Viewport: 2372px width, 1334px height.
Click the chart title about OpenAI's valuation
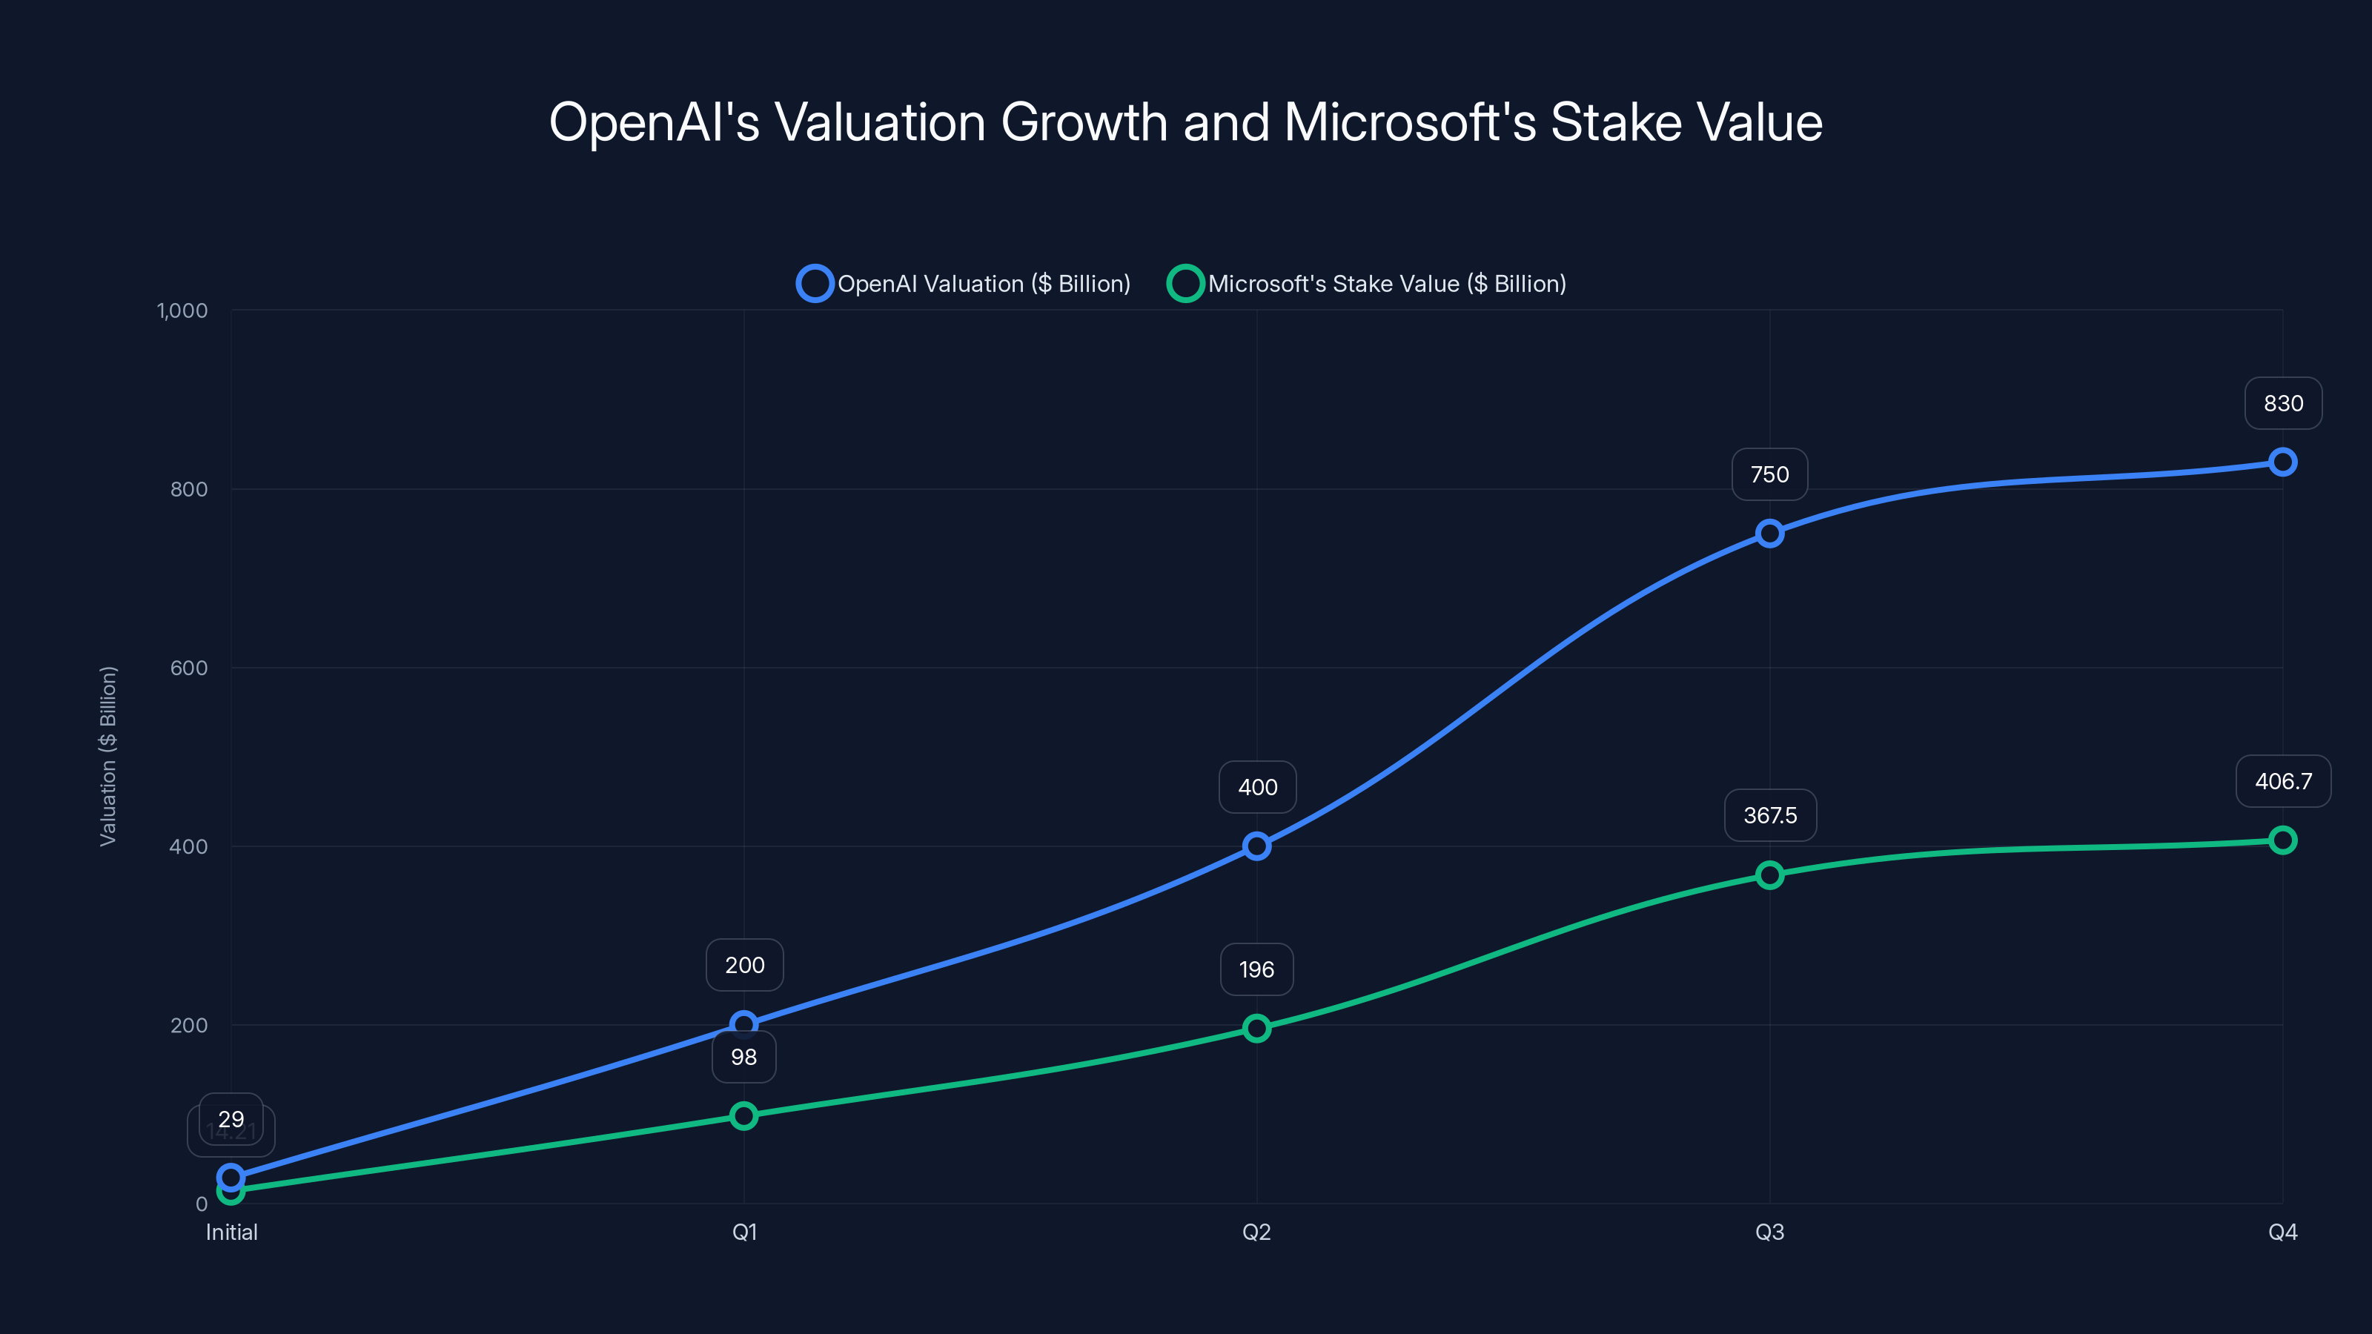[1185, 122]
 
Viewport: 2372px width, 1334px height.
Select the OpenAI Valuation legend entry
[964, 284]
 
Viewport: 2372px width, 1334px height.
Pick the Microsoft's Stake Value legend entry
[1368, 284]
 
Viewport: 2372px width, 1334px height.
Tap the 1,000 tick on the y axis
[182, 311]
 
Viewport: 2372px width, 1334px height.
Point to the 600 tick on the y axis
[189, 668]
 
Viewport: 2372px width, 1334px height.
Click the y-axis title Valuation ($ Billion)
[107, 756]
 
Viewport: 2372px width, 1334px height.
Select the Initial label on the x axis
[231, 1232]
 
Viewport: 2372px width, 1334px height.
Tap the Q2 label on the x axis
[1256, 1232]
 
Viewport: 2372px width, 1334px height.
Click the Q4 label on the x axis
[2282, 1232]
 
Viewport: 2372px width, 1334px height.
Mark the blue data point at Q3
[1769, 533]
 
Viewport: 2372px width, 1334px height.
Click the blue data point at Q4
[2282, 462]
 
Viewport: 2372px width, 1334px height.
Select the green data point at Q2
[1256, 1029]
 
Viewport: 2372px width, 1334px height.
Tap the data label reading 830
[2283, 403]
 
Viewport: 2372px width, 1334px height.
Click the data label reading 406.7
[2283, 780]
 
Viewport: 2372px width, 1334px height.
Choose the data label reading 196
[1256, 969]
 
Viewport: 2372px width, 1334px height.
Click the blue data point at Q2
[1256, 846]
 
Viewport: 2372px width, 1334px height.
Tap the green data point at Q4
[2282, 840]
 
